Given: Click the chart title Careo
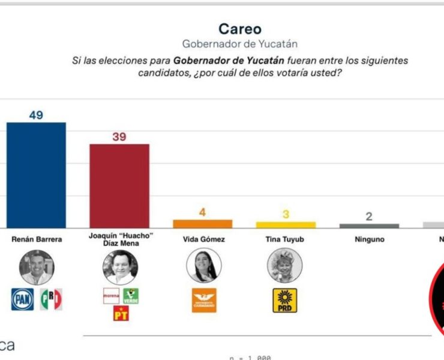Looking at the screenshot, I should point(239,29).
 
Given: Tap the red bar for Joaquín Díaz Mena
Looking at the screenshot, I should point(119,185).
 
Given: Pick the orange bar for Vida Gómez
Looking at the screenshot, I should point(203,223).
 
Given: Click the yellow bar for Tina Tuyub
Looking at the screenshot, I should point(286,224).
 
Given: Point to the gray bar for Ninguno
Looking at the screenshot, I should point(369,226).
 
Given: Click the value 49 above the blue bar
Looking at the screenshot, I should point(36,115).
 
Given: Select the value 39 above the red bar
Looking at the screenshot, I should point(119,136).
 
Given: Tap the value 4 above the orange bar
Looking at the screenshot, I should point(203,212).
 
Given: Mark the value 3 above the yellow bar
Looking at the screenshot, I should point(286,214).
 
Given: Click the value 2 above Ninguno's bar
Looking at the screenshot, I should point(369,216).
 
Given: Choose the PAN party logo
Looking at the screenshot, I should point(22,299).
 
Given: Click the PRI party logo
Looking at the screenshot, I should point(51,299).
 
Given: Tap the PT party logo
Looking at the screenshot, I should point(121,313).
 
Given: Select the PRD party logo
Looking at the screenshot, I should point(285,300).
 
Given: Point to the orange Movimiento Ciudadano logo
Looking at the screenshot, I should point(203,299).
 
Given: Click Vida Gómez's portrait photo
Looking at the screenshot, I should point(203,266).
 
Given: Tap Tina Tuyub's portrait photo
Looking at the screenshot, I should point(285,266).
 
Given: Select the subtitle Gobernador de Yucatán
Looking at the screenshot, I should point(239,44).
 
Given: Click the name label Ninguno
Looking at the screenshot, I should point(369,239).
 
